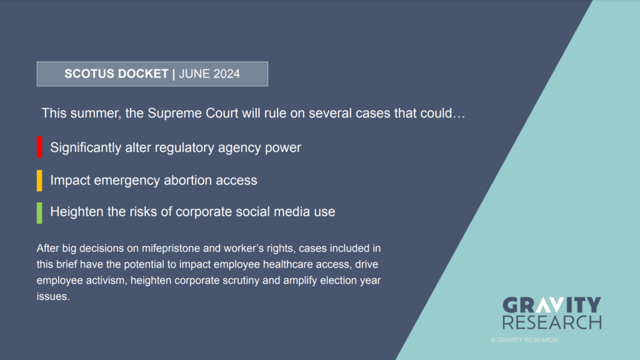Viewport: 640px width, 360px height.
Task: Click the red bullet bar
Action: [x=39, y=147]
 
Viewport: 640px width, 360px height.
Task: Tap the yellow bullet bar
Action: [x=39, y=181]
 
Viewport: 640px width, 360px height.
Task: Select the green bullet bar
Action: [x=39, y=212]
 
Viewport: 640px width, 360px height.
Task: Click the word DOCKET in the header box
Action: [x=143, y=74]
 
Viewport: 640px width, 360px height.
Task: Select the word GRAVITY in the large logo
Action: [x=552, y=305]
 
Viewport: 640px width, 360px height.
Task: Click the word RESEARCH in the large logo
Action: [x=552, y=322]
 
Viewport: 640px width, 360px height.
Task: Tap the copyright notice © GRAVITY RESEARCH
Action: [x=524, y=339]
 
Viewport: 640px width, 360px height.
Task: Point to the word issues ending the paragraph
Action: [x=53, y=296]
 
